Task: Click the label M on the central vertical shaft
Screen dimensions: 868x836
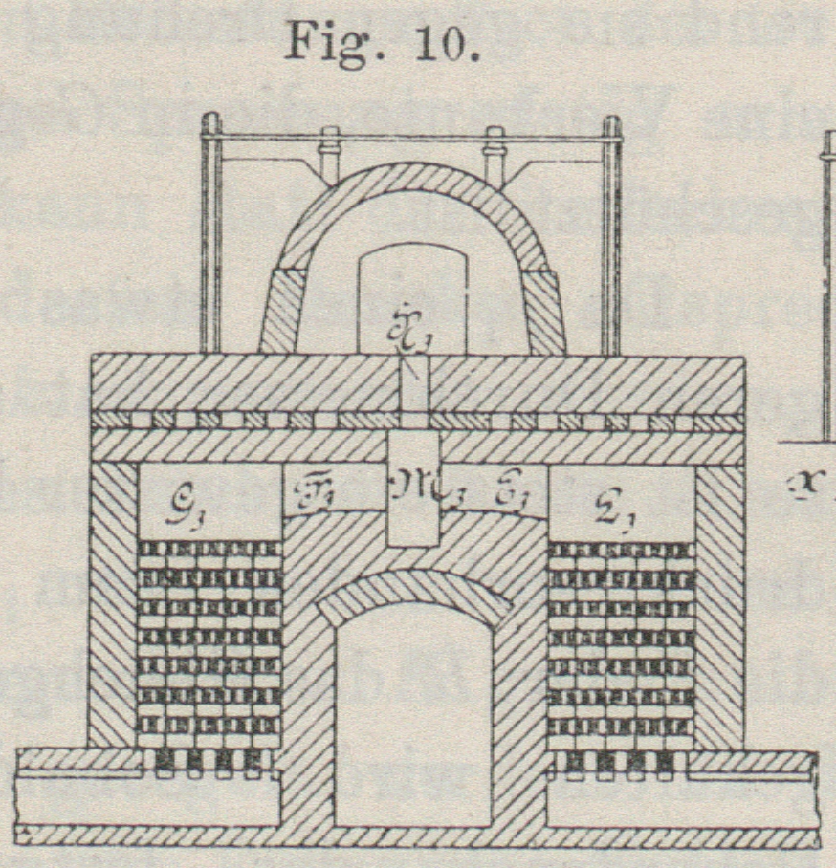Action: click(x=414, y=492)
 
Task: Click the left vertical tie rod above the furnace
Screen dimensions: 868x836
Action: click(x=211, y=239)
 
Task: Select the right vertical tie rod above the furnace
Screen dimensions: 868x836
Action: click(x=611, y=239)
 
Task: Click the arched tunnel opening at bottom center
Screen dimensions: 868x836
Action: click(x=413, y=717)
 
